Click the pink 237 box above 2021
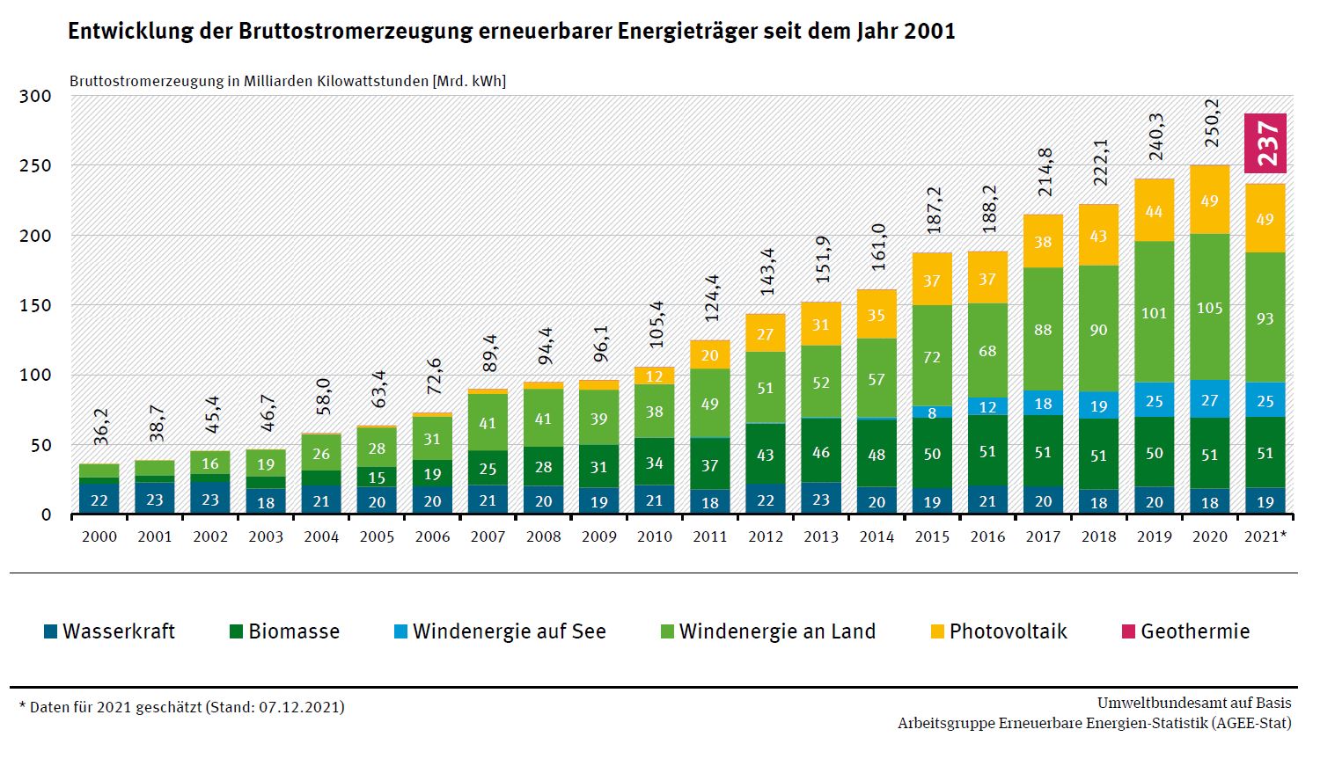1265,143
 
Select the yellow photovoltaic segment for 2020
1209,200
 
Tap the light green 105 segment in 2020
1209,308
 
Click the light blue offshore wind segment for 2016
987,406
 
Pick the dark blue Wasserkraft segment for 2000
99,499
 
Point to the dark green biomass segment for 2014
877,454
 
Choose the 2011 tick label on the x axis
710,536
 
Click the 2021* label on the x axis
1265,536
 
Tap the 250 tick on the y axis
35,165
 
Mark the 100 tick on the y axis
35,375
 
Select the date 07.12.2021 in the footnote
299,707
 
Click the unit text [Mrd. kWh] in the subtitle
469,81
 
